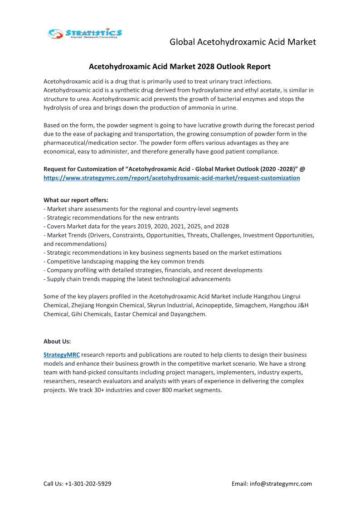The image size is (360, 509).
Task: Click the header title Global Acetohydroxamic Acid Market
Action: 243,42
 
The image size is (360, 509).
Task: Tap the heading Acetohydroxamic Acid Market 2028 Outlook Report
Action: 180,67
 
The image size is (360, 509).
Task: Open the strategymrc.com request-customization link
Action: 171,178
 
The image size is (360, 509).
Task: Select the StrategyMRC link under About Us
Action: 61,355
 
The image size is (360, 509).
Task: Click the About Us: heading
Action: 57,341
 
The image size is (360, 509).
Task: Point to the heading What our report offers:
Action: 76,200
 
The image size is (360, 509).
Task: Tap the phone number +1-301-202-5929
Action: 88,484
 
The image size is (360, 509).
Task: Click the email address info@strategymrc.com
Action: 281,484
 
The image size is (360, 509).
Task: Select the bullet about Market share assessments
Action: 141,209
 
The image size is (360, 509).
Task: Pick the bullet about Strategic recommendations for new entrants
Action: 111,218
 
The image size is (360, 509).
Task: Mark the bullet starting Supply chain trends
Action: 137,279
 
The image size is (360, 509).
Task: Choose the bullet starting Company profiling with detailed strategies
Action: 153,270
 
